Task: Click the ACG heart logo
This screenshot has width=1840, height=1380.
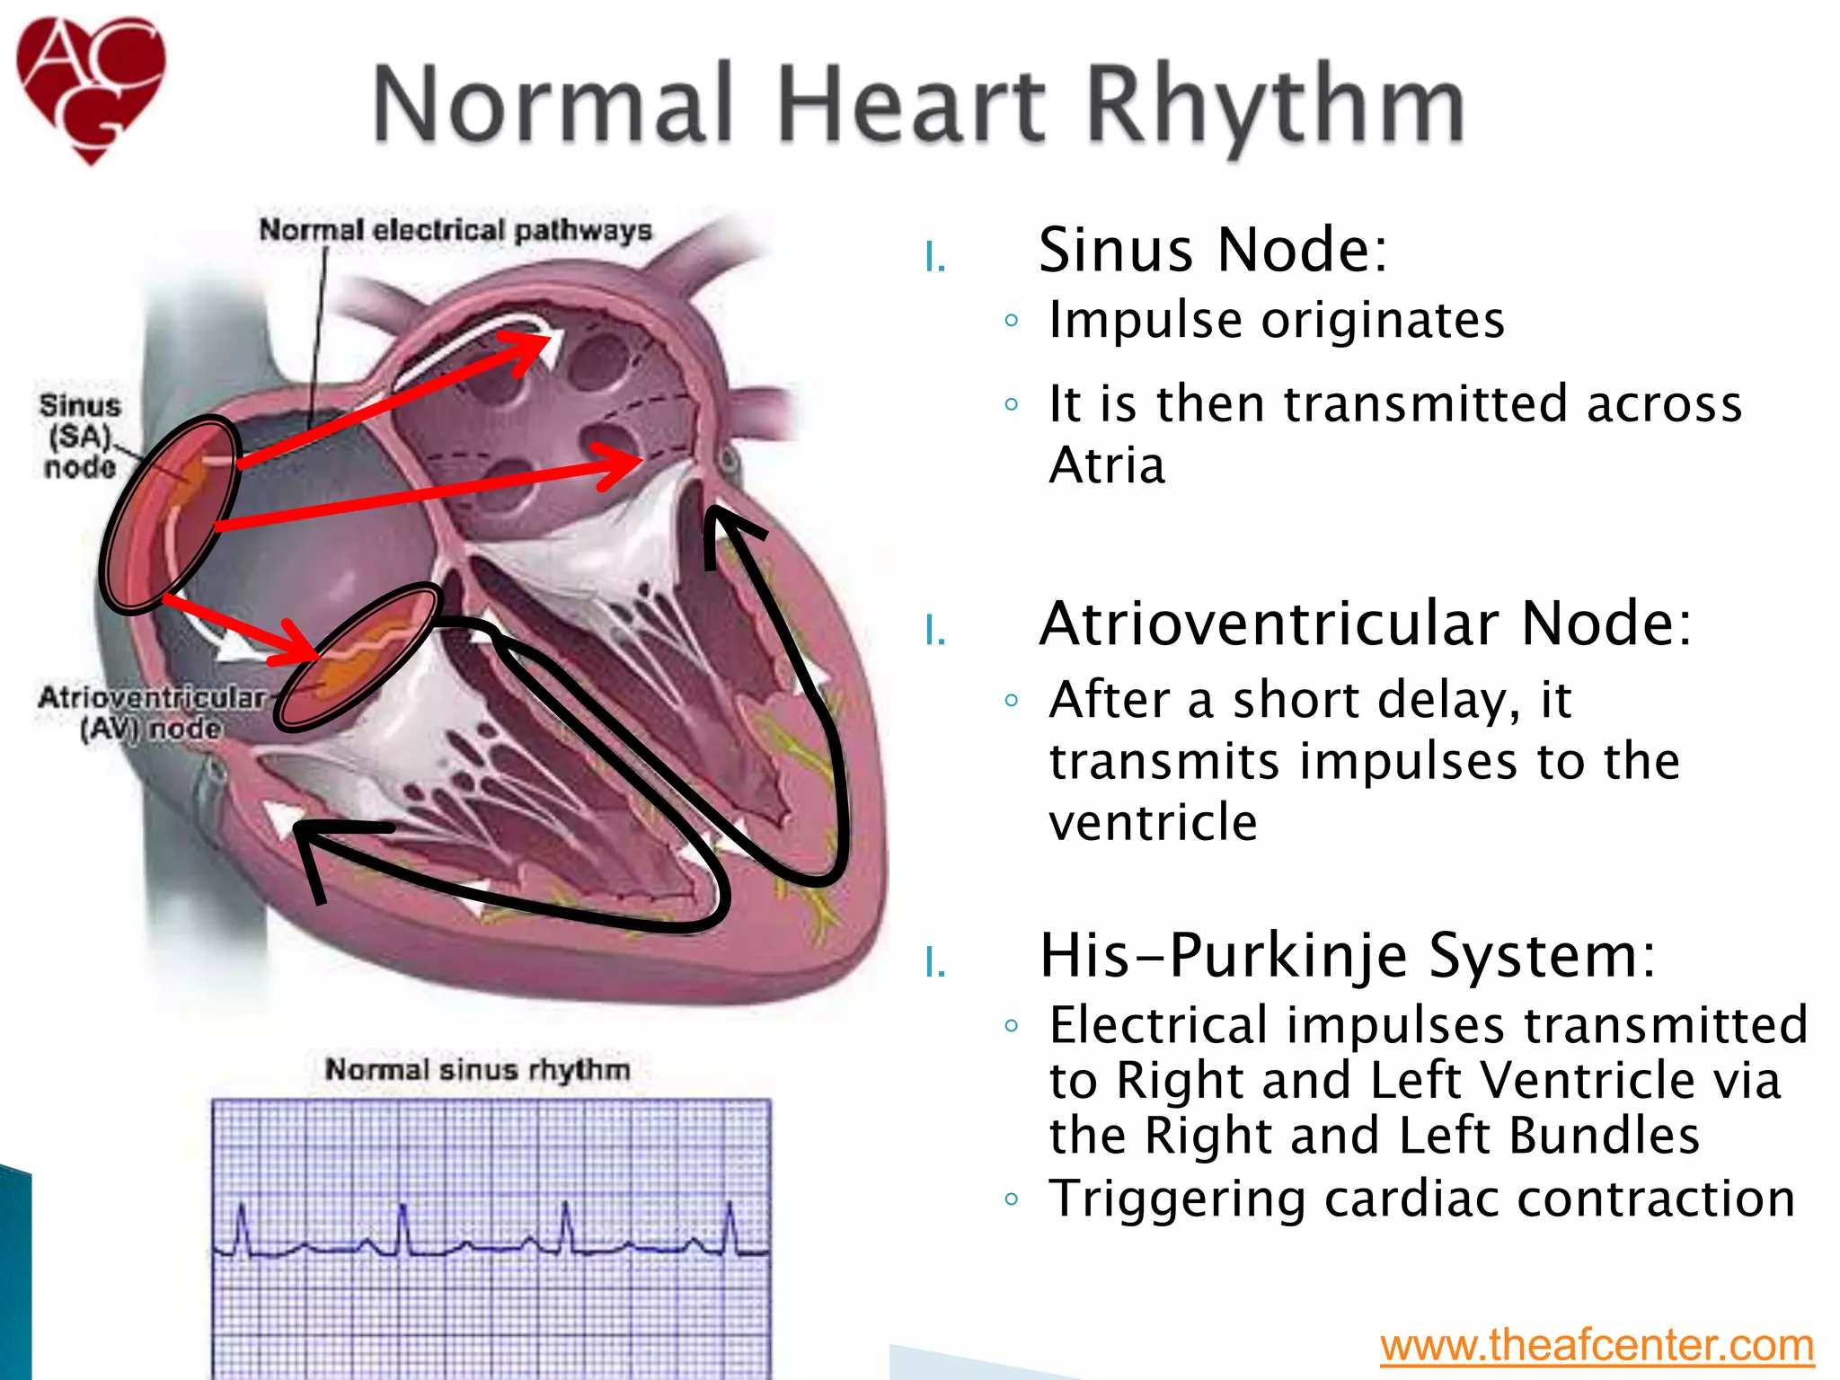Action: (91, 87)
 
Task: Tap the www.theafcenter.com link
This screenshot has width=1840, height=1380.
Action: (1597, 1345)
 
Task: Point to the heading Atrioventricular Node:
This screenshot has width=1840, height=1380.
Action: (1365, 624)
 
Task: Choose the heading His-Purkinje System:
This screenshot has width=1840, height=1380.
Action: (1347, 955)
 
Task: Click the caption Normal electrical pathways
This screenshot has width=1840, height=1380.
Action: (455, 230)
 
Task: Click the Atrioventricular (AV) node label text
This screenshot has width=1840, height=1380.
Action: (151, 712)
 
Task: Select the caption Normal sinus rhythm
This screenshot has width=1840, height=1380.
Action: (477, 1069)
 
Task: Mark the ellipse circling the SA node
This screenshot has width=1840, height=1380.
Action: (170, 513)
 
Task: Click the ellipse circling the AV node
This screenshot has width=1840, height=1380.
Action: (358, 657)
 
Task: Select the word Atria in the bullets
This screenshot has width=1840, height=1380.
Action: (1107, 465)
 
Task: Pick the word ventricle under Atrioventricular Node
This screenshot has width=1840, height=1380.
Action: (1153, 822)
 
